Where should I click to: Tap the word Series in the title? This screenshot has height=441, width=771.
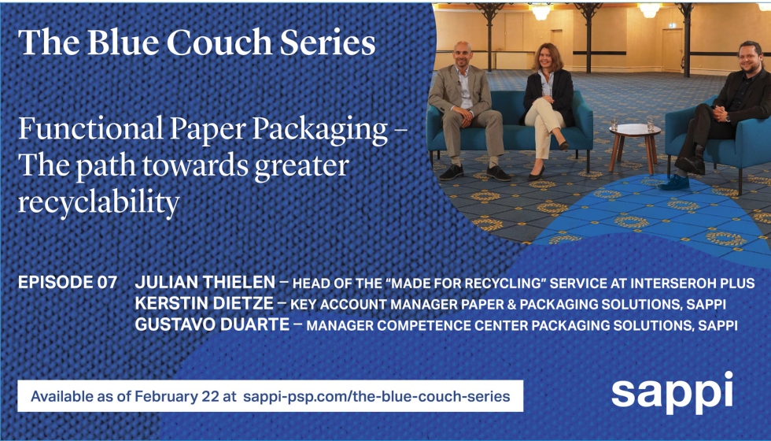click(328, 42)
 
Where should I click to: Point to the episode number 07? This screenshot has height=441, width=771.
click(107, 282)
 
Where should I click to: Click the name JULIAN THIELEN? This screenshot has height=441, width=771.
click(205, 282)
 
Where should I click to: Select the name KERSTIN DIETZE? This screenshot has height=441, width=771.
click(204, 303)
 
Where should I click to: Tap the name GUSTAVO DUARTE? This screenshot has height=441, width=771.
click(212, 324)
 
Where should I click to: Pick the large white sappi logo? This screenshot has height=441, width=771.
click(672, 393)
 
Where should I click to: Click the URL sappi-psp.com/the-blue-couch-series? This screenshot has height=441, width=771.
click(377, 396)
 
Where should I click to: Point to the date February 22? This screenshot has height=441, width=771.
click(179, 396)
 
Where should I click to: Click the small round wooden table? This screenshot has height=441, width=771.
click(634, 146)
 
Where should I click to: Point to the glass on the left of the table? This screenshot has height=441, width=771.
click(614, 124)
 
